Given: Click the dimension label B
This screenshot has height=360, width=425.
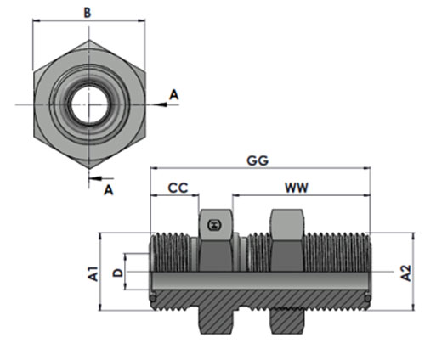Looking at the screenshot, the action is click(88, 13).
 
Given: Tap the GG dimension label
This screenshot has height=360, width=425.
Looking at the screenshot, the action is click(258, 160).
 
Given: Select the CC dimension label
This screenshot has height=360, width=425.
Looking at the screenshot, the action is click(178, 188).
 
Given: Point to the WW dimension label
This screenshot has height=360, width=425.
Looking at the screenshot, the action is click(297, 188).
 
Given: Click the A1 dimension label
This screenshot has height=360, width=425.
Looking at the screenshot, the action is click(93, 274).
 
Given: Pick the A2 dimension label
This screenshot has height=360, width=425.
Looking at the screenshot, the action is click(406, 273).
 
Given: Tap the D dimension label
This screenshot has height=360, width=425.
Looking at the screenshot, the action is click(118, 273).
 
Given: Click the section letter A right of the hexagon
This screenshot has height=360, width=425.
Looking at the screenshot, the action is click(174, 95).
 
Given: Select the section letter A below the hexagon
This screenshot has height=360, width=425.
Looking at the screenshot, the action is click(109, 190).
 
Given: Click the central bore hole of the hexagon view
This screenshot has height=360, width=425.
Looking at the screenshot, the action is click(89, 104).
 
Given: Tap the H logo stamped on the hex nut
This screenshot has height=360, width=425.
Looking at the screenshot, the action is click(215, 225).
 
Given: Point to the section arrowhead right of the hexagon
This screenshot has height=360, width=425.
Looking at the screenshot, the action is click(161, 104).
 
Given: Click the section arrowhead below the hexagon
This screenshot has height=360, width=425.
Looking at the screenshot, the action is click(95, 178).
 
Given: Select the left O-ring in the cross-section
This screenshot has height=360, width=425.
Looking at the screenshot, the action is click(153, 298).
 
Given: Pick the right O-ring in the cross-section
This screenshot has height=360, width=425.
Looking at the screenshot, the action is click(367, 298).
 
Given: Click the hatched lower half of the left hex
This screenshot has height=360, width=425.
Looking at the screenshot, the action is click(216, 320).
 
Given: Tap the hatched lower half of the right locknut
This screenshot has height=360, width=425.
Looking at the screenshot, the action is click(286, 320).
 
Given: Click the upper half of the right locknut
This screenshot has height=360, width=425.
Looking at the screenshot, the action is click(286, 240).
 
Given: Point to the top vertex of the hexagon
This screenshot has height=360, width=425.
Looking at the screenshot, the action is click(89, 40).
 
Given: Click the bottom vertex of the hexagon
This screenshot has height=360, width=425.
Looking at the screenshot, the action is click(89, 169).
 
